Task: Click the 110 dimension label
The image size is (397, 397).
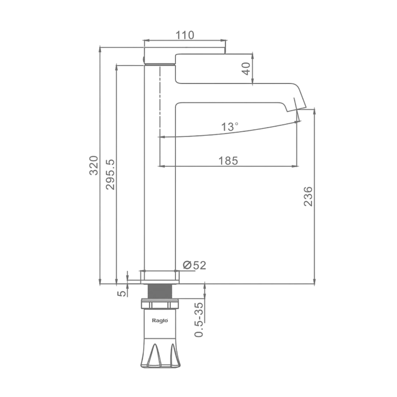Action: pos(185,35)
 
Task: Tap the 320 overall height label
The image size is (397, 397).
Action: pos(94,166)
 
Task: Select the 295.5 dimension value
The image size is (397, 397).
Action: pos(110,175)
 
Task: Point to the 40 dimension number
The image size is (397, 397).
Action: pos(246,68)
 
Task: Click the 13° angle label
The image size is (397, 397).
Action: pos(229,127)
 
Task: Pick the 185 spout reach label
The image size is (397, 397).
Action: pos(228,161)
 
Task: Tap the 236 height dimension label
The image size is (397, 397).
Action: pos(308,197)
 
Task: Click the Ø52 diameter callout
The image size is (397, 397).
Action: pos(195,265)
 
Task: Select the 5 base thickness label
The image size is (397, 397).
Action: pos(121,293)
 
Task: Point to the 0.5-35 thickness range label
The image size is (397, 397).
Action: pos(199,320)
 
